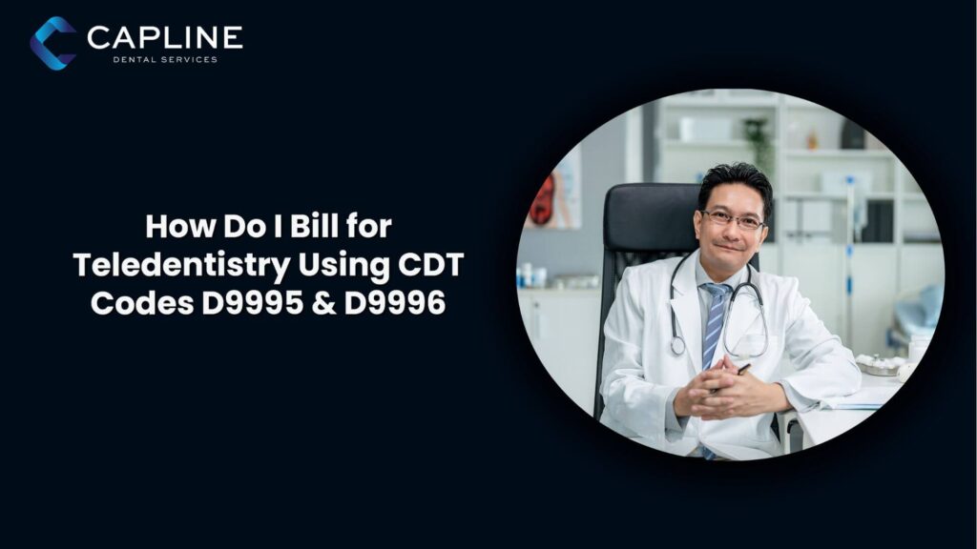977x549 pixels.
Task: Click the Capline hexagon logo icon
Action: tap(53, 43)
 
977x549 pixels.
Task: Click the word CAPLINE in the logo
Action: tap(164, 37)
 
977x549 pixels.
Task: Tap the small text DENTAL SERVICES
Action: tap(165, 59)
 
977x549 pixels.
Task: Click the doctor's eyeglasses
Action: tap(733, 219)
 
